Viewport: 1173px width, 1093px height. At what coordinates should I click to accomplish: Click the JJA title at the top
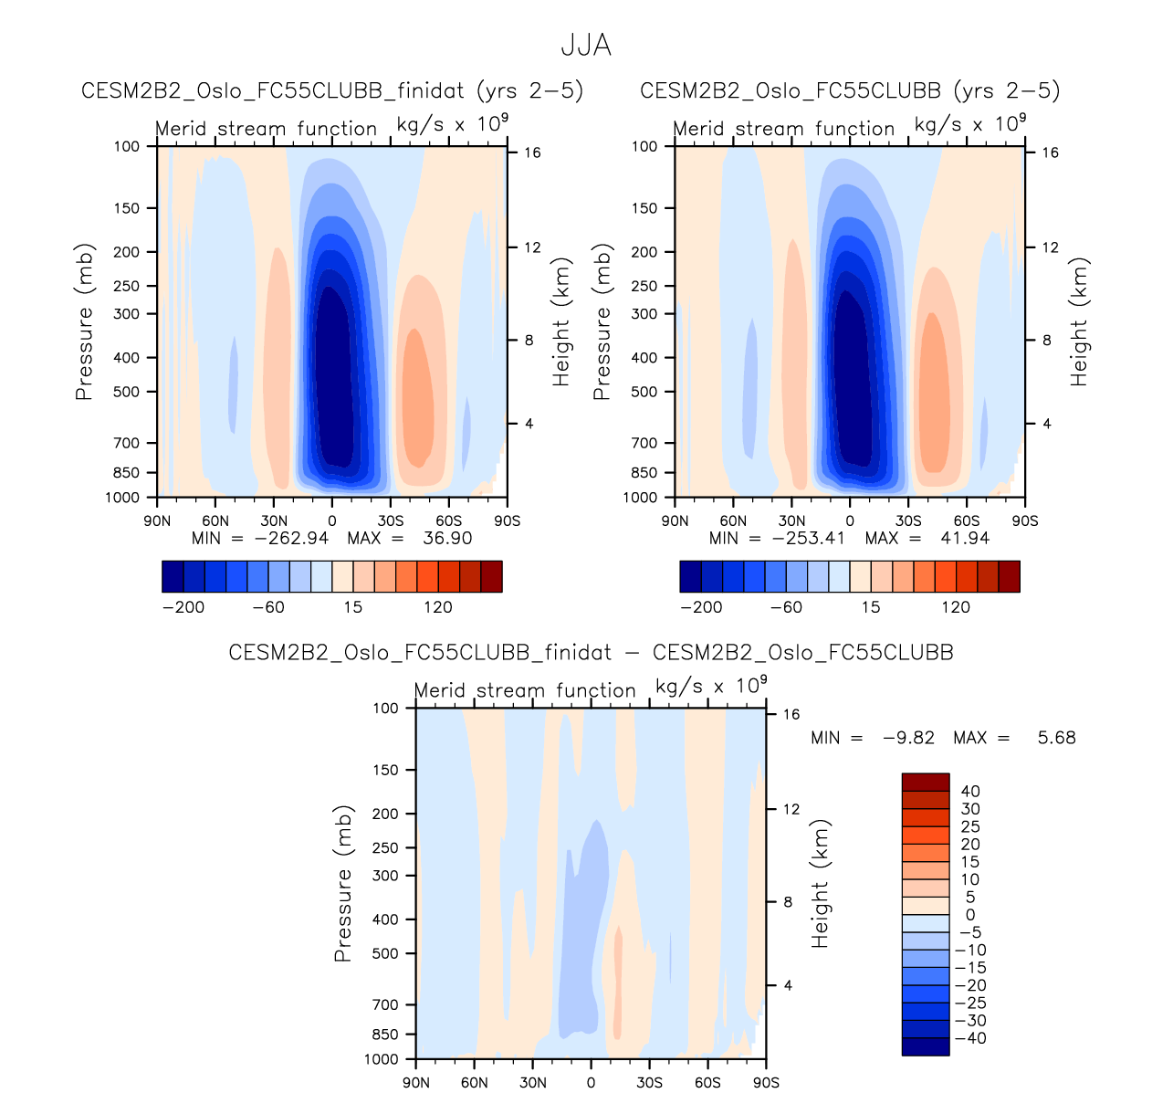pos(585,46)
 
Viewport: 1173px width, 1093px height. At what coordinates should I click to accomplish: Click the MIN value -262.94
pos(291,538)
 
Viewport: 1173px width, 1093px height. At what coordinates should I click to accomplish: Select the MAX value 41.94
pos(965,538)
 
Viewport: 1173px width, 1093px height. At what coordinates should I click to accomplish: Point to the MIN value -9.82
pos(908,738)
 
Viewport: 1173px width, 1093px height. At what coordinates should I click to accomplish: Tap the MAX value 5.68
pos(1056,738)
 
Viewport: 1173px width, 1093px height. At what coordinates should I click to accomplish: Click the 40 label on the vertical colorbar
pos(970,792)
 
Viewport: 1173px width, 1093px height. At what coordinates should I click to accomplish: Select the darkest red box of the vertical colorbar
pos(926,782)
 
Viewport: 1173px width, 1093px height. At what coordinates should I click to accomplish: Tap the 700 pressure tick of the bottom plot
pos(387,1004)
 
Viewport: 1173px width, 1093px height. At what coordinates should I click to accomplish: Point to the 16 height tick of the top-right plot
pos(1050,152)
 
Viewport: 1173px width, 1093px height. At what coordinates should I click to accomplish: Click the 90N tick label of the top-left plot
pos(157,521)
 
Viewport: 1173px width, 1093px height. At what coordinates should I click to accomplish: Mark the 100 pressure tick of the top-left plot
pos(128,146)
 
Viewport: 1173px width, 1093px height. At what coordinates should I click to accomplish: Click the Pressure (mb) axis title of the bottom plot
pos(343,884)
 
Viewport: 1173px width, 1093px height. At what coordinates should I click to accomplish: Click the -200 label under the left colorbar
pos(183,607)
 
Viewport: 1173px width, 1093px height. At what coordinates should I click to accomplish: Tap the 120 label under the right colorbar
pos(956,607)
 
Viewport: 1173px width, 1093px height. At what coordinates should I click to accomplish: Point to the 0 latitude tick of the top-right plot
pos(850,521)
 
